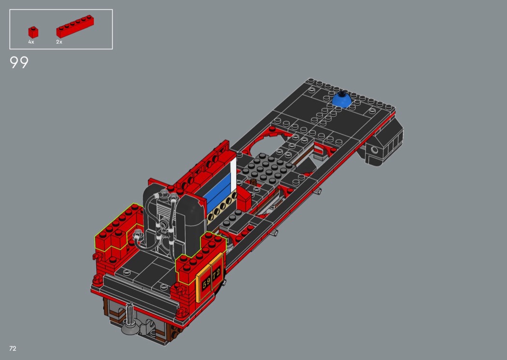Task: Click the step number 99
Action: click(19, 62)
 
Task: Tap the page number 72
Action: click(13, 348)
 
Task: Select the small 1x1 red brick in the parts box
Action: click(33, 32)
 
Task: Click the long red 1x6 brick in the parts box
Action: click(75, 27)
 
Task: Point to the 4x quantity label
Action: click(31, 42)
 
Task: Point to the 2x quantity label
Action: click(59, 42)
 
